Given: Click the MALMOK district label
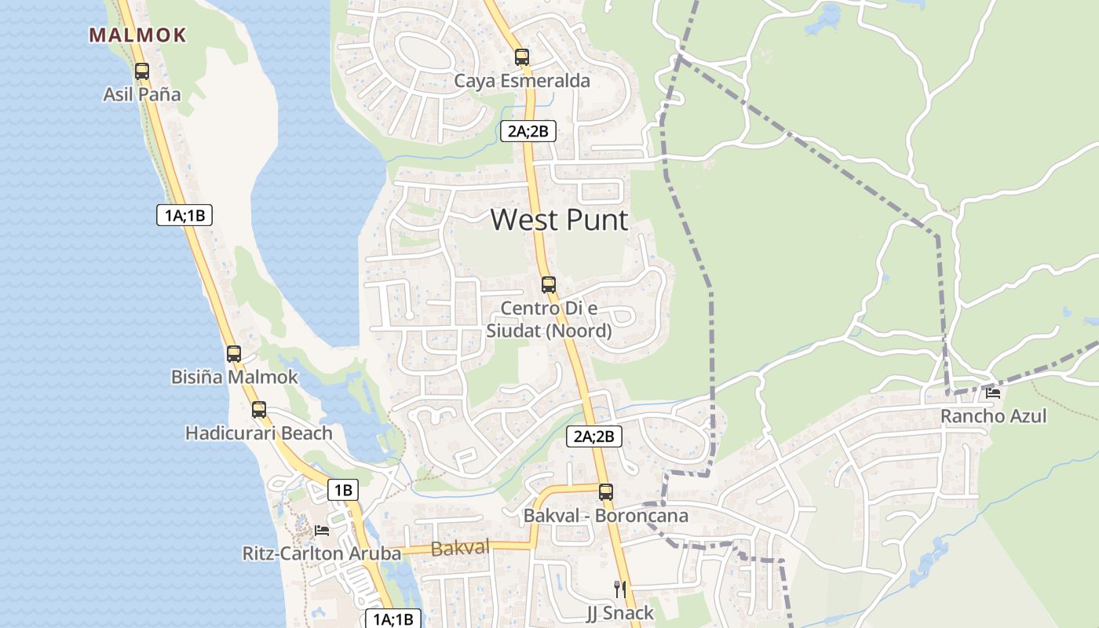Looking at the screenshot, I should click(x=137, y=35).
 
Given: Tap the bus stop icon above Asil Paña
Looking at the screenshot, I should click(x=142, y=71).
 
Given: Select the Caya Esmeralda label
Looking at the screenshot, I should click(x=522, y=81).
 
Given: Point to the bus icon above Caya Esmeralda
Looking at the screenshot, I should click(x=522, y=57).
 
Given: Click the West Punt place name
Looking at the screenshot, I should click(x=560, y=220).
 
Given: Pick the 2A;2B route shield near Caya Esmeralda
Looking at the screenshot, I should click(x=528, y=131).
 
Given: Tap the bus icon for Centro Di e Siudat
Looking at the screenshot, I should click(x=549, y=284).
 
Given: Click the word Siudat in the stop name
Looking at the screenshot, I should click(x=514, y=330).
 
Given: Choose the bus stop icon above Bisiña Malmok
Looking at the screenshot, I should click(x=234, y=353).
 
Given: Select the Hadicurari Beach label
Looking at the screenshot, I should click(x=259, y=433).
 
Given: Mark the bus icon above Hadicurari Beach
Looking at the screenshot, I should click(x=259, y=409).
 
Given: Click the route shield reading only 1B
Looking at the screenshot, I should click(x=343, y=491).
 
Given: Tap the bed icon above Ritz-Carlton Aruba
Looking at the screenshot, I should click(x=322, y=531).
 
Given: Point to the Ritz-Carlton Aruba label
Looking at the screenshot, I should click(x=322, y=554).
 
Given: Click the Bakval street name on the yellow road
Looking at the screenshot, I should click(x=460, y=548).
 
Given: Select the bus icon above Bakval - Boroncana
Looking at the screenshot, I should click(x=606, y=492).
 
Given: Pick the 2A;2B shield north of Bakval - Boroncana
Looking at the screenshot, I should click(x=594, y=436).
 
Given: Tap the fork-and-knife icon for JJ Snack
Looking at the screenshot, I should click(x=620, y=589).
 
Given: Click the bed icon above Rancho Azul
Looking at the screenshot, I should click(x=994, y=392).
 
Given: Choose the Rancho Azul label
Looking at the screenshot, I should click(x=994, y=416).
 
